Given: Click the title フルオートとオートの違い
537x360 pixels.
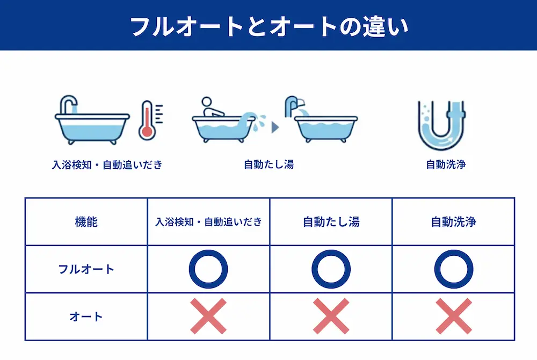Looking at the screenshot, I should pyautogui.click(x=268, y=26).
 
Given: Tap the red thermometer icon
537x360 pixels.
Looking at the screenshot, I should pyautogui.click(x=146, y=120).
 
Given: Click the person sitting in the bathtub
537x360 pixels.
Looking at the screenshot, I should pyautogui.click(x=211, y=107).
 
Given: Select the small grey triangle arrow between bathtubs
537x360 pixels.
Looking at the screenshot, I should pyautogui.click(x=275, y=127).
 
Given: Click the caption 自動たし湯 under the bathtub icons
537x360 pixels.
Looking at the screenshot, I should pyautogui.click(x=268, y=164).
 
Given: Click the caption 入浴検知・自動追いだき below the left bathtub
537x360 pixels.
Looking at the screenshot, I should pyautogui.click(x=107, y=164).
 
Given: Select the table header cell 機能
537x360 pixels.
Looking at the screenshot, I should pyautogui.click(x=86, y=221).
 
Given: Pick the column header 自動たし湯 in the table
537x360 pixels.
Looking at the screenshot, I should pyautogui.click(x=331, y=221).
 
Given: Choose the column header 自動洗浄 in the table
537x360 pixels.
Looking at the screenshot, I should pyautogui.click(x=453, y=221).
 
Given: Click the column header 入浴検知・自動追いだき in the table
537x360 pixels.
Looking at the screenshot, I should pyautogui.click(x=208, y=221).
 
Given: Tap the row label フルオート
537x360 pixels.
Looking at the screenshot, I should pyautogui.click(x=86, y=269).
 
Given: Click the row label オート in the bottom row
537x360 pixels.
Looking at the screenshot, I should pyautogui.click(x=86, y=316).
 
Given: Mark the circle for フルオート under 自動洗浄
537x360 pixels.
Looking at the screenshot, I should pyautogui.click(x=453, y=269).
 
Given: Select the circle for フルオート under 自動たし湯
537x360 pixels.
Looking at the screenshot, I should pyautogui.click(x=331, y=269).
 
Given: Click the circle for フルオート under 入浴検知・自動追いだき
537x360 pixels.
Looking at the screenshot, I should pyautogui.click(x=208, y=269).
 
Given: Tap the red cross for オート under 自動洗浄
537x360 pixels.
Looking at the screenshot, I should pyautogui.click(x=453, y=316).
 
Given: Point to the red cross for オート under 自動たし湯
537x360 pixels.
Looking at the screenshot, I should pyautogui.click(x=331, y=316).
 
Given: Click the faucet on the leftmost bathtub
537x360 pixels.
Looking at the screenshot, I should pyautogui.click(x=69, y=104).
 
